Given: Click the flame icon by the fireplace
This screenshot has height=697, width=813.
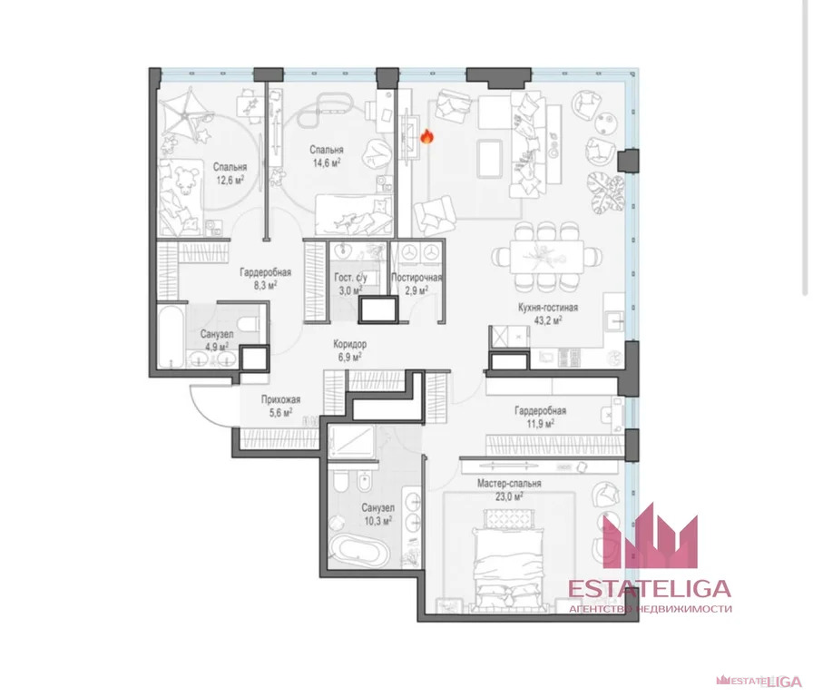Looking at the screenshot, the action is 426,136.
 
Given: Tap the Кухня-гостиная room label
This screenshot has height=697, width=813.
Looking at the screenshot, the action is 547,308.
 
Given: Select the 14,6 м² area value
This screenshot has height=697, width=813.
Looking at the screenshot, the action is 326,163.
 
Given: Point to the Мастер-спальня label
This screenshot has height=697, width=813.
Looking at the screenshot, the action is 509,484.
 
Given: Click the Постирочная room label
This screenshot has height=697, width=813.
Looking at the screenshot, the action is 416,278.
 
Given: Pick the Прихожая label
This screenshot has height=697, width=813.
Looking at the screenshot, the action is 280,400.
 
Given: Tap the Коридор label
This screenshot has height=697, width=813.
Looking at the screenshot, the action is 350,344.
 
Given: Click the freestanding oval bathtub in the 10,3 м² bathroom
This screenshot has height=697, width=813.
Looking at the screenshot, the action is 358,552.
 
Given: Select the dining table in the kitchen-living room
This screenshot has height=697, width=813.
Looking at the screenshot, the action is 546,257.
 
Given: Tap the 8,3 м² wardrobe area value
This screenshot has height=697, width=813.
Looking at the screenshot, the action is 265,285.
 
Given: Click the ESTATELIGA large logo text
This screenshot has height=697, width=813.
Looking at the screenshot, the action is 649,589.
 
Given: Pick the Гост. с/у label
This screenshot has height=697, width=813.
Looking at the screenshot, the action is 350,278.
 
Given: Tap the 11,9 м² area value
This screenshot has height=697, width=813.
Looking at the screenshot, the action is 540,424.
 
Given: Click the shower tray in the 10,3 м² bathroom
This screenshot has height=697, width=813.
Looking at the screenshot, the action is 351,442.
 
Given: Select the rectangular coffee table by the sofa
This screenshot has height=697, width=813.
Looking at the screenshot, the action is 489,159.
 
